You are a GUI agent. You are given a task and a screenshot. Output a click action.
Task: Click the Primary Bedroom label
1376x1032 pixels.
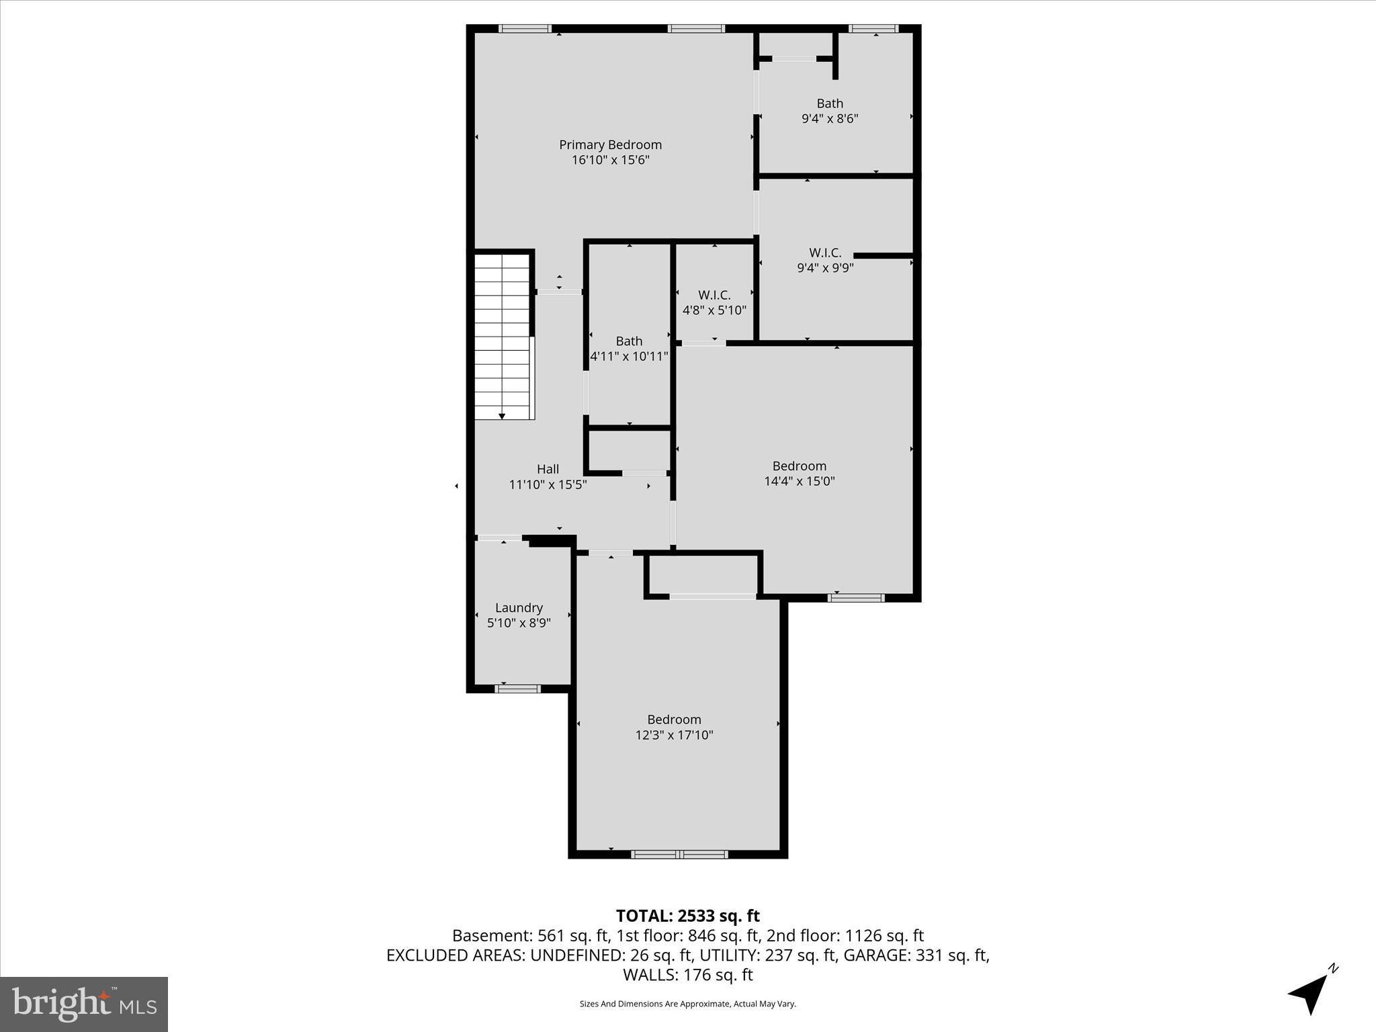[x=610, y=144]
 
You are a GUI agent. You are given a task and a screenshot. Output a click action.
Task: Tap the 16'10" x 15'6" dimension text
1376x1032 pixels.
[x=610, y=160]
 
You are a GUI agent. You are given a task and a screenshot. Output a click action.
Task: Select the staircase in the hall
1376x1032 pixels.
[x=503, y=336]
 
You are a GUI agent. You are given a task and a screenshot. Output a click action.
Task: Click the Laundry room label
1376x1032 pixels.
[x=519, y=607]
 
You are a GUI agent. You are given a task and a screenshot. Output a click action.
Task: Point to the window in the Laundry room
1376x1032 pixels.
[x=517, y=688]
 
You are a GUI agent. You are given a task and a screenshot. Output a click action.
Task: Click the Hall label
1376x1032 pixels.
[x=548, y=469]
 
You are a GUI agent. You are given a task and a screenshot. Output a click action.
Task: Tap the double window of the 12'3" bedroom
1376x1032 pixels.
[x=679, y=854]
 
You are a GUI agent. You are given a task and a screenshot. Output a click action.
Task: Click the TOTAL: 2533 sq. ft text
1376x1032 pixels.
[x=687, y=916]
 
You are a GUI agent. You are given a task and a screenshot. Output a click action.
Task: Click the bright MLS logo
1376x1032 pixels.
[x=84, y=1004]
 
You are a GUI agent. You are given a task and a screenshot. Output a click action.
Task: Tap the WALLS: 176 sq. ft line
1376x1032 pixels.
[x=687, y=974]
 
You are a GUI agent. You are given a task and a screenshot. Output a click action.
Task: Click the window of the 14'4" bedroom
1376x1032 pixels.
[x=855, y=597]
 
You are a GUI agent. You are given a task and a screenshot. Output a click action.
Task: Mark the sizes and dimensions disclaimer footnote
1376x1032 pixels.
[x=687, y=1004]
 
